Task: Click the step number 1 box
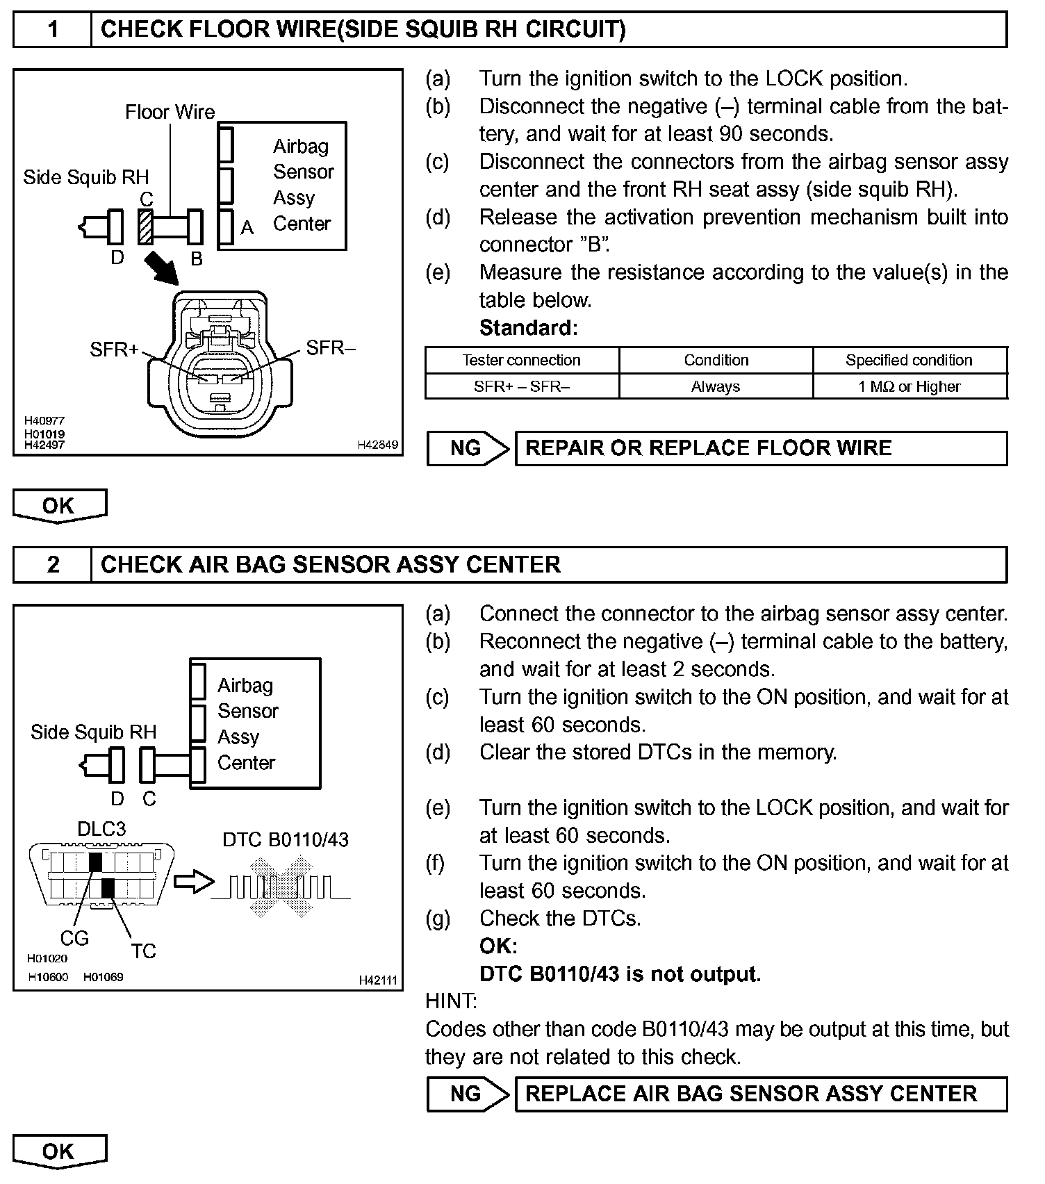53,30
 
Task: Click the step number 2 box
53,564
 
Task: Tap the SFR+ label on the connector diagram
114,350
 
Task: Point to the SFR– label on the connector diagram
330,347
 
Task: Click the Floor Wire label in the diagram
170,112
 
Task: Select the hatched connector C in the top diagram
146,227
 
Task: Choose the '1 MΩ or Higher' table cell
909,386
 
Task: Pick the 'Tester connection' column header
521,360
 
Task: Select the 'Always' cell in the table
716,386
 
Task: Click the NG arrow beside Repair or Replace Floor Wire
468,448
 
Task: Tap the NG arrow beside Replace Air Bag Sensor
468,1094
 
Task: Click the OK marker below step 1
59,506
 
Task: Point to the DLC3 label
101,829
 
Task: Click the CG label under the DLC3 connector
74,938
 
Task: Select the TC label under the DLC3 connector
143,951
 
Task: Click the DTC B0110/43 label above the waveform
285,839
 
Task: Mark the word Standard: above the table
528,327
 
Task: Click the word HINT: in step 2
450,1001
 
